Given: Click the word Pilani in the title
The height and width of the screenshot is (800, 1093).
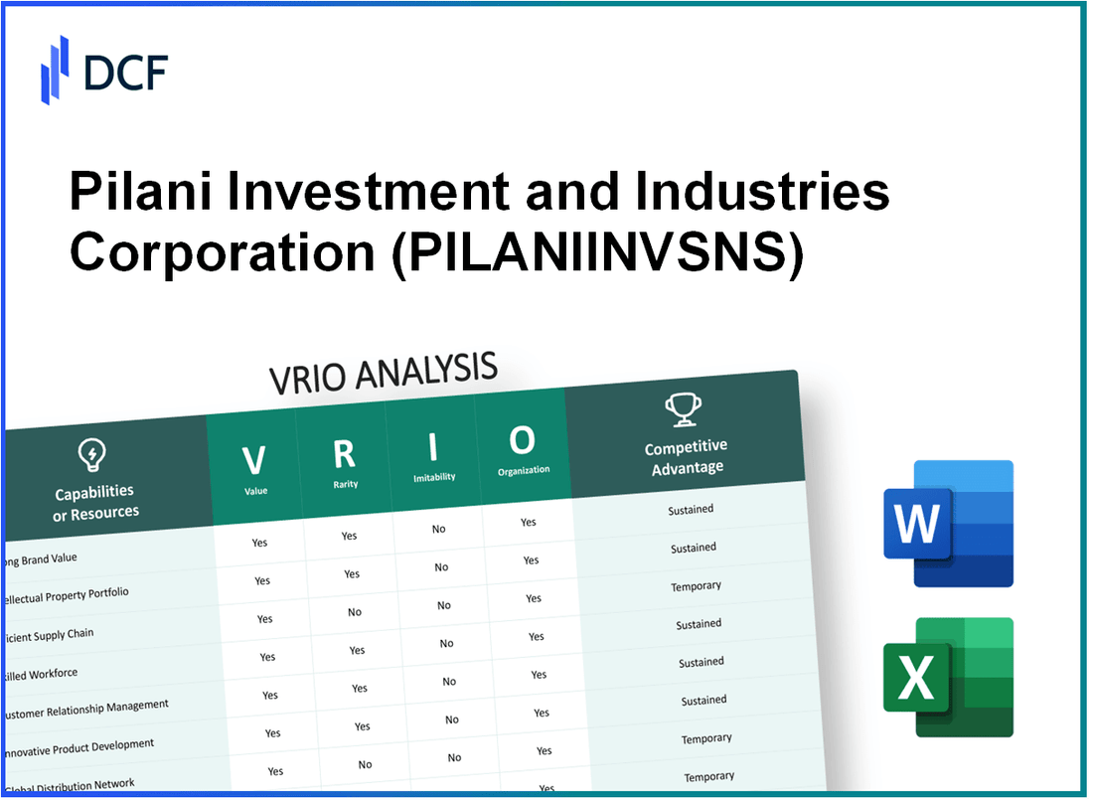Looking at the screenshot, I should click(125, 192).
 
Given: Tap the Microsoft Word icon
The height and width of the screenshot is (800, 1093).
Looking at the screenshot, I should click(949, 523).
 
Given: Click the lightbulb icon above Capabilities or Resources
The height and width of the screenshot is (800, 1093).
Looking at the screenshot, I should click(92, 456).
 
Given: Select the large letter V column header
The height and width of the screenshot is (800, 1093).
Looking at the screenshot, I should click(254, 460).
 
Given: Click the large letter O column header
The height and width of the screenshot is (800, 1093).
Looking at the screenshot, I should click(522, 439).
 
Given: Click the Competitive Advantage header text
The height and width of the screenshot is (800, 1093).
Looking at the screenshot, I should click(687, 457).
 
